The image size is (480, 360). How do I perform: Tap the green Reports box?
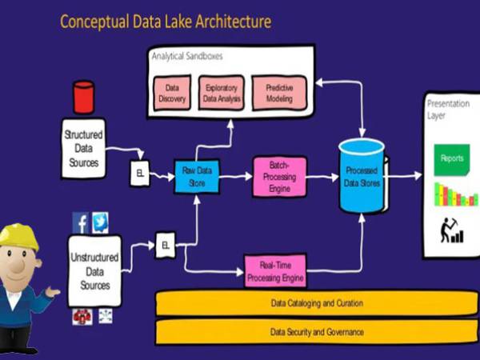[x=451, y=158]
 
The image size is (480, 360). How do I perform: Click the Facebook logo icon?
[x=80, y=222]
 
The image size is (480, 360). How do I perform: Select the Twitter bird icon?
[x=100, y=222]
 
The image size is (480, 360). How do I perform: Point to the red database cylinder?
[x=83, y=98]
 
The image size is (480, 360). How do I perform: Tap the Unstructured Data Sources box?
[x=94, y=269]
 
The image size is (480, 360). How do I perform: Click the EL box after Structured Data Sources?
[x=139, y=174]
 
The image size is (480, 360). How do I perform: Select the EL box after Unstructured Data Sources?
[x=166, y=244]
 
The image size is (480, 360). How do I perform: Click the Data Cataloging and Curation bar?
[x=316, y=303]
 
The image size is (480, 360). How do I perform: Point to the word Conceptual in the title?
[x=96, y=22]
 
